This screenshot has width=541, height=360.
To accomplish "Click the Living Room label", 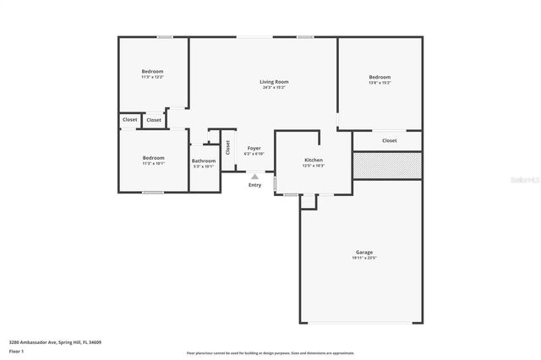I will [274, 82].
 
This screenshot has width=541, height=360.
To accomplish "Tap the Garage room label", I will [363, 253].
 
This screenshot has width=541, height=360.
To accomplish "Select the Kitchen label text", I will [314, 160].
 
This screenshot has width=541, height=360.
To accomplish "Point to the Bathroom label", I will [204, 161].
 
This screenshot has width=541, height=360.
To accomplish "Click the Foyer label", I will [254, 148].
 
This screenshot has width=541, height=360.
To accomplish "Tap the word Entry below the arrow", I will [254, 185].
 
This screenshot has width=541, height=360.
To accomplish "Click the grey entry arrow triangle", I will [254, 177].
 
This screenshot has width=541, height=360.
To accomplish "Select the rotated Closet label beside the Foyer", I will [227, 147].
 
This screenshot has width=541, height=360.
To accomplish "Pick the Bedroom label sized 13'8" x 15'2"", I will [380, 77].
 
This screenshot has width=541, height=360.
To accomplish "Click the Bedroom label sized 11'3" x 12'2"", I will [152, 71].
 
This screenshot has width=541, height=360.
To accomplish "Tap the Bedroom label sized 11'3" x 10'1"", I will [153, 157].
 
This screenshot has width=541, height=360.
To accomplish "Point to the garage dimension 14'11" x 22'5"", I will [363, 259].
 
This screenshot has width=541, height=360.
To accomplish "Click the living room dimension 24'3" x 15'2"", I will [274, 88].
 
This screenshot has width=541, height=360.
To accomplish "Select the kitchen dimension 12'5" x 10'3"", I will [314, 166].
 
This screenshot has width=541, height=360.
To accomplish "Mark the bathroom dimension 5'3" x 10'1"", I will [204, 166].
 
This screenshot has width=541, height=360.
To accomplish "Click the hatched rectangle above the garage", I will [386, 166].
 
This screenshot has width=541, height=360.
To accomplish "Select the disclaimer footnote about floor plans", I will [270, 353].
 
